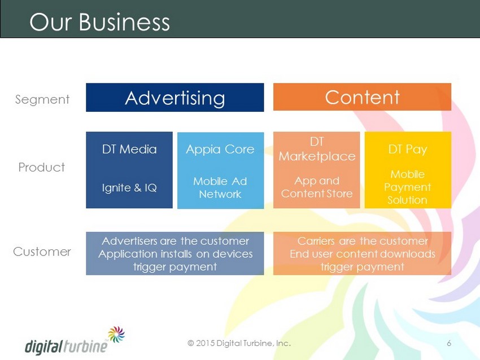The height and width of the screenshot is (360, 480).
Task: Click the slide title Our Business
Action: [99, 22]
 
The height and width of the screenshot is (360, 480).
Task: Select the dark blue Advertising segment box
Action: [175, 97]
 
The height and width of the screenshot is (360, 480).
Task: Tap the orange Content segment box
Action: [362, 96]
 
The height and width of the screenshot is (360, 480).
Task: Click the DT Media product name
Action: [129, 150]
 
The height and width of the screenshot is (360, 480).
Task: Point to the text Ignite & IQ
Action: [129, 187]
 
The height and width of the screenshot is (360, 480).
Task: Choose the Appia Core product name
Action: [220, 150]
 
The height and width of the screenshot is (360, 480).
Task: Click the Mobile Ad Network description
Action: [220, 187]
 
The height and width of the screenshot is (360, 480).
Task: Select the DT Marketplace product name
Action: [317, 149]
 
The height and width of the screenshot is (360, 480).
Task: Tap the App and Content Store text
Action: [317, 187]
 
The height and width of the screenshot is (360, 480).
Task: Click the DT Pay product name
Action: [408, 150]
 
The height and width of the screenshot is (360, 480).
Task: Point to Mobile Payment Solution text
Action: [408, 187]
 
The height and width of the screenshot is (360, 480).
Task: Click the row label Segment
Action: [42, 100]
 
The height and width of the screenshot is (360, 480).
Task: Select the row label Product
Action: [42, 168]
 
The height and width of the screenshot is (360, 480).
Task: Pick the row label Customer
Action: [42, 252]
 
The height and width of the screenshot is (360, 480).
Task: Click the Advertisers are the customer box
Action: [175, 253]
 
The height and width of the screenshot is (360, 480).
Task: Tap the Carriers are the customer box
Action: [362, 253]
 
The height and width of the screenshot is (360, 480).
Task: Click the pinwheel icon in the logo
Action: [116, 334]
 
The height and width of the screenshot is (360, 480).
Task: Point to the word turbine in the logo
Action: [85, 346]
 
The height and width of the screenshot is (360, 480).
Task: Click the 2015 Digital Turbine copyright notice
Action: [239, 343]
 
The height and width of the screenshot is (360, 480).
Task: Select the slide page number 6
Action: [449, 343]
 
